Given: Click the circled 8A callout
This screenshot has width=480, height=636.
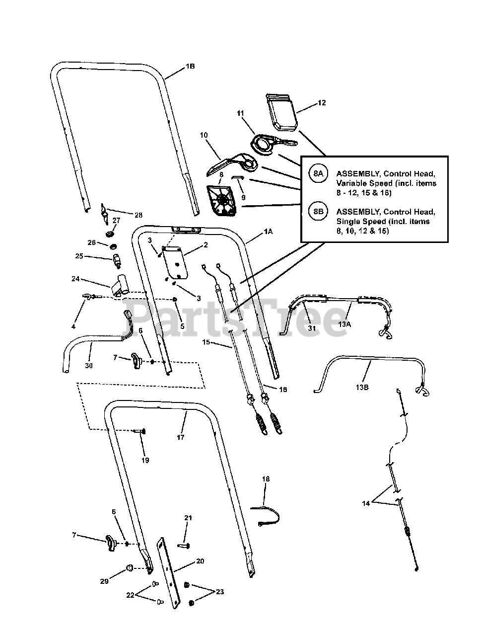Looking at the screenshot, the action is (318, 173).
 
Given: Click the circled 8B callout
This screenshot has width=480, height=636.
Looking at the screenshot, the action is (318, 211).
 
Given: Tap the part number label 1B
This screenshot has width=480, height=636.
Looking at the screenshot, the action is (190, 67).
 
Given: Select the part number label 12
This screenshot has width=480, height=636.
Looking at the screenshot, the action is (322, 103).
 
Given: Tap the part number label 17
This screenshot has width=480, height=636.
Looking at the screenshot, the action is (181, 437).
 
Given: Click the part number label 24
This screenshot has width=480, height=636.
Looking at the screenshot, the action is (75, 279).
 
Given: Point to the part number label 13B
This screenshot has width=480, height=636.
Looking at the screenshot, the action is (362, 387).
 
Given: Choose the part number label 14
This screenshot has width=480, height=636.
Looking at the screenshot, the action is (366, 503).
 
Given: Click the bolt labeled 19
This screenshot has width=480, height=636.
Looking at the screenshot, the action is (139, 431).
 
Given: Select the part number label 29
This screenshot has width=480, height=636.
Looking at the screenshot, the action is (104, 581).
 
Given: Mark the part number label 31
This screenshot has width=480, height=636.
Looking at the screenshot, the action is (311, 328).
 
